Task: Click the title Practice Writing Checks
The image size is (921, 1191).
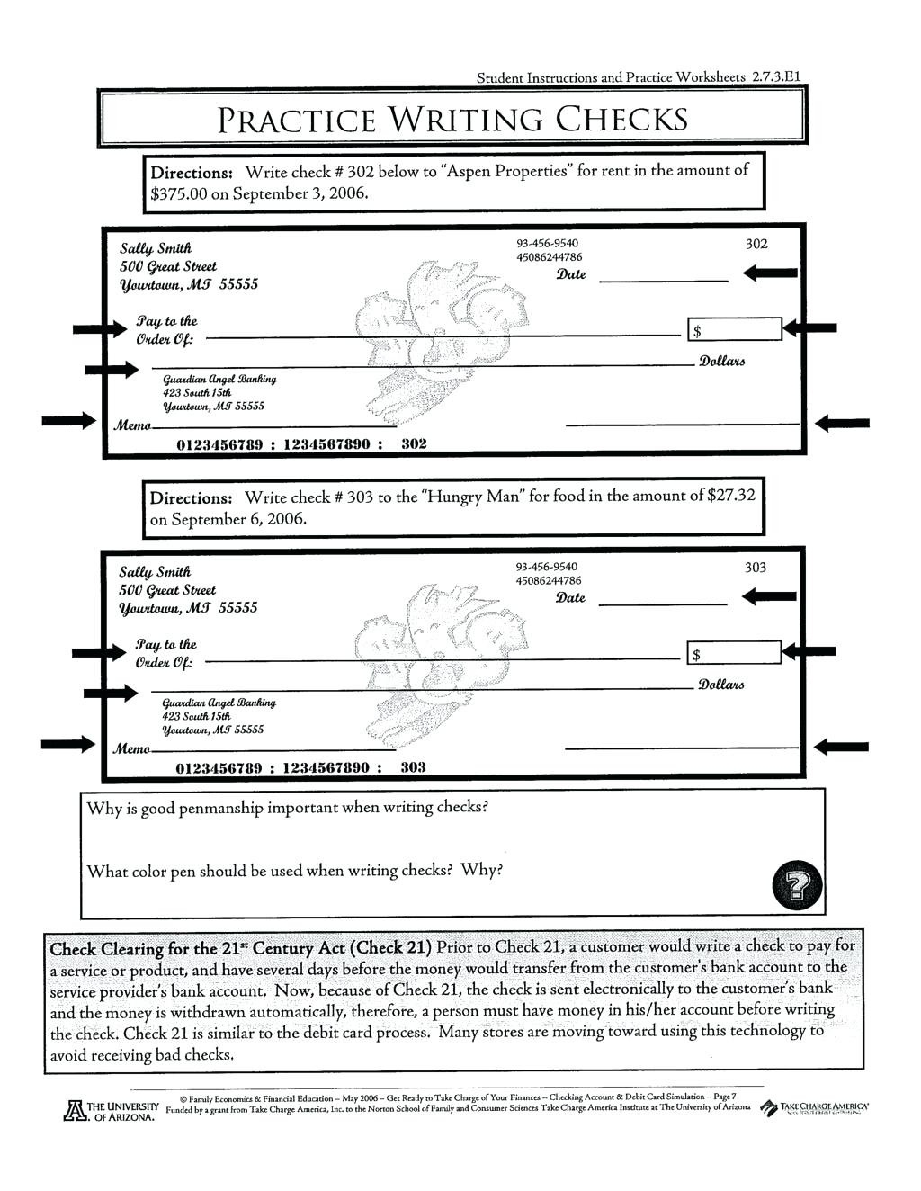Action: coord(453,119)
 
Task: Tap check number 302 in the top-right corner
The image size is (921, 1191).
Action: coord(756,244)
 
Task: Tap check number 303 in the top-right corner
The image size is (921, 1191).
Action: coord(756,567)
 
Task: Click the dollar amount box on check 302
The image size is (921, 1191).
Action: coord(735,330)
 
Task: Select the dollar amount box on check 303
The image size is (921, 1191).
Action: coord(734,653)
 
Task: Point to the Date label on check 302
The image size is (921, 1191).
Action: coord(571,274)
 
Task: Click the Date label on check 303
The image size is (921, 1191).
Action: coord(570,598)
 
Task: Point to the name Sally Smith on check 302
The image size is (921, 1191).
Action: coord(156,248)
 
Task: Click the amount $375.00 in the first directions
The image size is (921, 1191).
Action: coord(179,193)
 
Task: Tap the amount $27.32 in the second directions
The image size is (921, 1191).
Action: coord(732,496)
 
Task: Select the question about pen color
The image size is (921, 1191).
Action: coord(294,871)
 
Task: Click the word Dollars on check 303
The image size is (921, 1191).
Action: coord(721,685)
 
